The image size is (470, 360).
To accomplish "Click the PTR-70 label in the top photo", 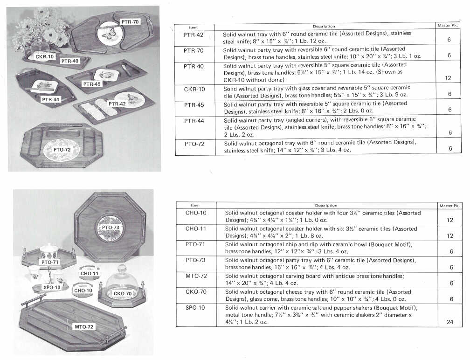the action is click(x=130, y=22).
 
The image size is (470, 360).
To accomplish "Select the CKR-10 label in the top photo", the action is click(x=45, y=56).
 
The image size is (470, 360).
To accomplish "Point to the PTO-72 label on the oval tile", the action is click(x=62, y=150).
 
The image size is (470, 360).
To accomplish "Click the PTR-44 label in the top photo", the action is click(x=51, y=99).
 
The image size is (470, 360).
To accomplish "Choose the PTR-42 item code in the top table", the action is click(x=194, y=35).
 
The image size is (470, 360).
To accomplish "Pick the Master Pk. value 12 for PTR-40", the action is click(x=448, y=78).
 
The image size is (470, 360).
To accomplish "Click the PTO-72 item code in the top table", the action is click(x=194, y=144).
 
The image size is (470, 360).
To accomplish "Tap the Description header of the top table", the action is click(x=324, y=27).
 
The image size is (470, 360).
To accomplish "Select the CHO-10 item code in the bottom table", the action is click(x=196, y=213).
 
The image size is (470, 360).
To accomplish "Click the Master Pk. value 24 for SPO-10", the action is click(x=450, y=322).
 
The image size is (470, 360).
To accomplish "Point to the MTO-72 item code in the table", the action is click(x=196, y=276).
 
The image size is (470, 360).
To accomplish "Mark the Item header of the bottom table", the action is click(x=195, y=205).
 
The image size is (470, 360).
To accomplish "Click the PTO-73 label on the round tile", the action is click(x=111, y=228).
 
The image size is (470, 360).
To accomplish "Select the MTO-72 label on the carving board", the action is click(x=84, y=327).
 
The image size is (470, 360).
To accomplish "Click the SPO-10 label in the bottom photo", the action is click(x=52, y=287).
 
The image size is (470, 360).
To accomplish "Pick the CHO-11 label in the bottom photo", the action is click(x=90, y=273).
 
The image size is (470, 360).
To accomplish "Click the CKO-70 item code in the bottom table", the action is click(x=196, y=291).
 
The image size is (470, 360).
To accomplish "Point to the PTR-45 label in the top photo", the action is click(x=92, y=84).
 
